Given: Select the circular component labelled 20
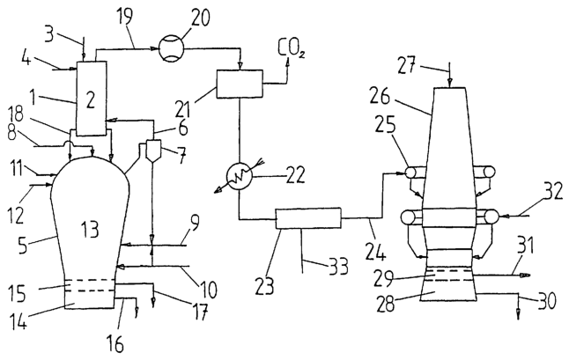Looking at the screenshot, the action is pyautogui.click(x=172, y=48).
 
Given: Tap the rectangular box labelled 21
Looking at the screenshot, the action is pyautogui.click(x=240, y=84).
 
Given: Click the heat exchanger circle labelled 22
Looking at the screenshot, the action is pyautogui.click(x=240, y=177).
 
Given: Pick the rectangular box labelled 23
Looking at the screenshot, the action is pyautogui.click(x=308, y=218).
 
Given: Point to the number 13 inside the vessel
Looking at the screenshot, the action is pyautogui.click(x=90, y=229).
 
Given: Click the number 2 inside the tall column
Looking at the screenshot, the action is pyautogui.click(x=91, y=100).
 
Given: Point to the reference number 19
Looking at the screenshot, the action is pyautogui.click(x=124, y=17).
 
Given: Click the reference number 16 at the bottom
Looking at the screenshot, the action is pyautogui.click(x=115, y=343).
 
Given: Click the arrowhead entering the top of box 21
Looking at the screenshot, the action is pyautogui.click(x=240, y=66).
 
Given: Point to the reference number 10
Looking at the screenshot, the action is pyautogui.click(x=208, y=290).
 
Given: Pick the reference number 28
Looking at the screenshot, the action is pyautogui.click(x=385, y=304).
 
